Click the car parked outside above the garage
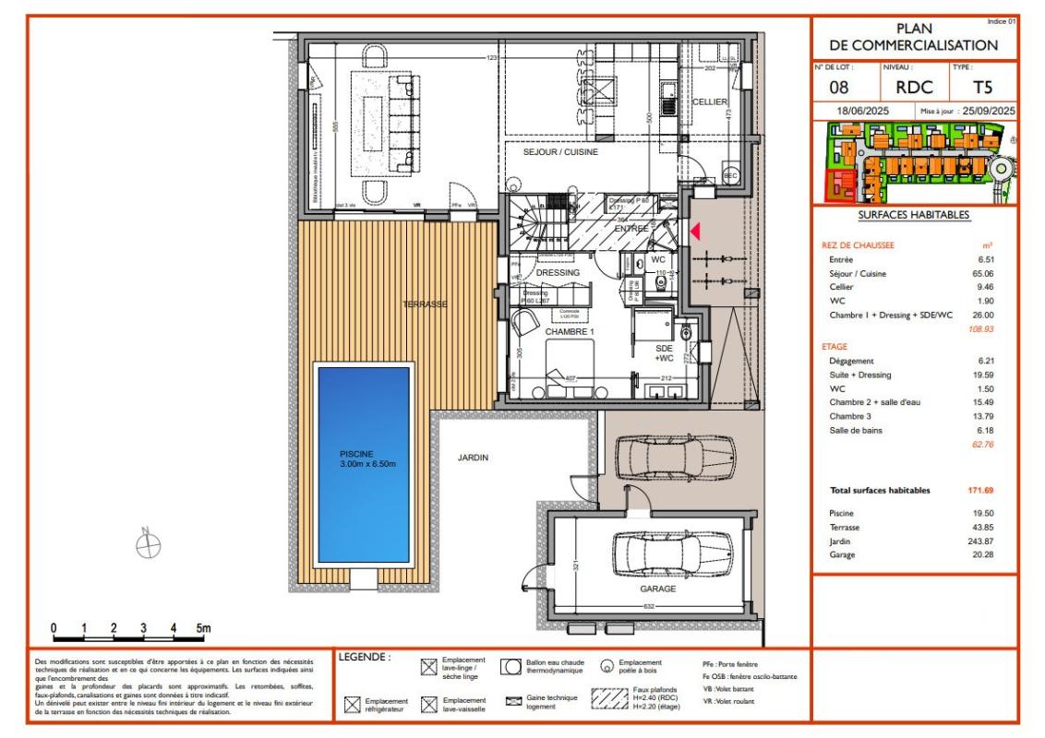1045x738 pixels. point(677,456)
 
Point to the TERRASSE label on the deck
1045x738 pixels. point(425,304)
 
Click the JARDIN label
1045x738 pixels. point(473,457)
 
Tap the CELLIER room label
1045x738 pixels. point(711,101)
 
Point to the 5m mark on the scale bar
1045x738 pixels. point(202,629)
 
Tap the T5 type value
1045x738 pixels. point(983,89)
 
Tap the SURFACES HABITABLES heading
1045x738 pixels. point(913,215)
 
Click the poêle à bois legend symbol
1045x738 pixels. point(607,667)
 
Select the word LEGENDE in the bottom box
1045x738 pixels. point(365,658)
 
